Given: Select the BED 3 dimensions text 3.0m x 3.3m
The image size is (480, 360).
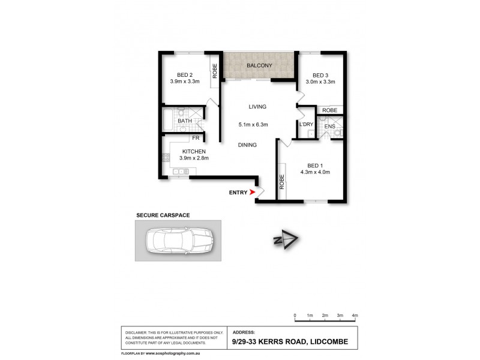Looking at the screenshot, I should coord(320,82).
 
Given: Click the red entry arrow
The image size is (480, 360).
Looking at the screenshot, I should coord(252,192).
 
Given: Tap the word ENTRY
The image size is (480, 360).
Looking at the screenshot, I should coord(238,192).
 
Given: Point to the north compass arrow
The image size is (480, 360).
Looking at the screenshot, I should coord(286,240).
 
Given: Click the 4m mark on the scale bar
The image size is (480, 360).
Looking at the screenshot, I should coord(355,315).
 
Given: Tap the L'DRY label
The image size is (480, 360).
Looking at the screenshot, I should coord(307,124).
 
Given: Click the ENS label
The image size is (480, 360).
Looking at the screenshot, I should coord(329,127).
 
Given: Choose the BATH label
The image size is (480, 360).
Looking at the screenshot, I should coord(184,121).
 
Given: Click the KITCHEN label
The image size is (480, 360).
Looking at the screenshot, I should coord(193,151).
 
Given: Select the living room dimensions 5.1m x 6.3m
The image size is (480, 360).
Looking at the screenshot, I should coord(253,125).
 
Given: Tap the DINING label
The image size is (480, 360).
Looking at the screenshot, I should coord(247,145).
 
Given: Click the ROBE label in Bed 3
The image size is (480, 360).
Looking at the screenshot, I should coord(329,110).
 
